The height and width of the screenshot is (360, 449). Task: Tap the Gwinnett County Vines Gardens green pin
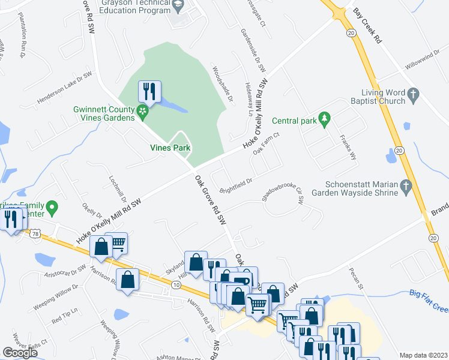[x=142, y=110]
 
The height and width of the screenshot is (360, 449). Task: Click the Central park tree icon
[x=325, y=120]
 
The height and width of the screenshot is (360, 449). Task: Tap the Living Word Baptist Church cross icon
[x=412, y=94]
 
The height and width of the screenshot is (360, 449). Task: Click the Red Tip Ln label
[x=64, y=316]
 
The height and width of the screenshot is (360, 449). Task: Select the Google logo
[x=20, y=353]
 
